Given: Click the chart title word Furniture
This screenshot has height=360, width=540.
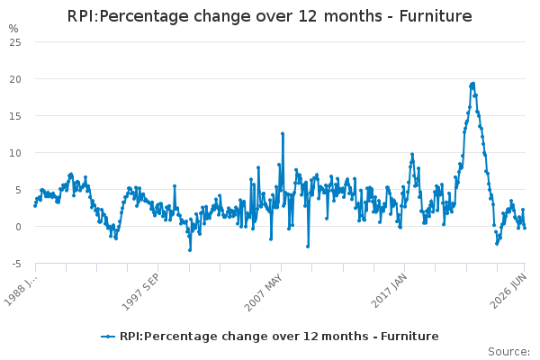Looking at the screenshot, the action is point(436,16).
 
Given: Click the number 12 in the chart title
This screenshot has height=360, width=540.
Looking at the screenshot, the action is point(307,16).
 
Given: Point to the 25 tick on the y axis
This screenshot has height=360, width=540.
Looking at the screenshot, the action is point(15,42).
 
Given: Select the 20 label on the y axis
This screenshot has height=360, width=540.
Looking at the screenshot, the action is point(15,79).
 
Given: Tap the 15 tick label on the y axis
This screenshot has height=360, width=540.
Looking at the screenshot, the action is point(15,116).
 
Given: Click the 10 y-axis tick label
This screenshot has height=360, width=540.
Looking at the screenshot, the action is point(15,153).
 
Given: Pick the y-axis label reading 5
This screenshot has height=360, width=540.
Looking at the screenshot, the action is point(18,190).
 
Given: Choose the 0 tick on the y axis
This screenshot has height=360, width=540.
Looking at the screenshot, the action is point(18,227).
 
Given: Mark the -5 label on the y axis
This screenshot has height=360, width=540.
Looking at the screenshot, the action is point(16,264).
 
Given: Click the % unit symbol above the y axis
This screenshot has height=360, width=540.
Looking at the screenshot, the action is point(13,29).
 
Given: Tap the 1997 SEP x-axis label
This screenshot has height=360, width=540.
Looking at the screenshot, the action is point(140,292).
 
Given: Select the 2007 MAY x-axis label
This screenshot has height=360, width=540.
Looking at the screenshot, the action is point(264,292).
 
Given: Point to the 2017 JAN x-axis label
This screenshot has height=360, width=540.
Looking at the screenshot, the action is point(389,291).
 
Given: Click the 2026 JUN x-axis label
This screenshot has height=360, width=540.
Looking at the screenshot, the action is point(508,291).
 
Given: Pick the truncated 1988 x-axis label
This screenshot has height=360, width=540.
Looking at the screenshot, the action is point(20,290).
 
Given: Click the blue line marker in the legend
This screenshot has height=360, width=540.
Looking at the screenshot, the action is point(108,337).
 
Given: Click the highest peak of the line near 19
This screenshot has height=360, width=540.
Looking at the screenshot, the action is point(472,84).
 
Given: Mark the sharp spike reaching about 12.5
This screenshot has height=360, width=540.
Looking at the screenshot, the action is point(283,134).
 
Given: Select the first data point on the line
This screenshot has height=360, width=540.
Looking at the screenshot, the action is point(35,206).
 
